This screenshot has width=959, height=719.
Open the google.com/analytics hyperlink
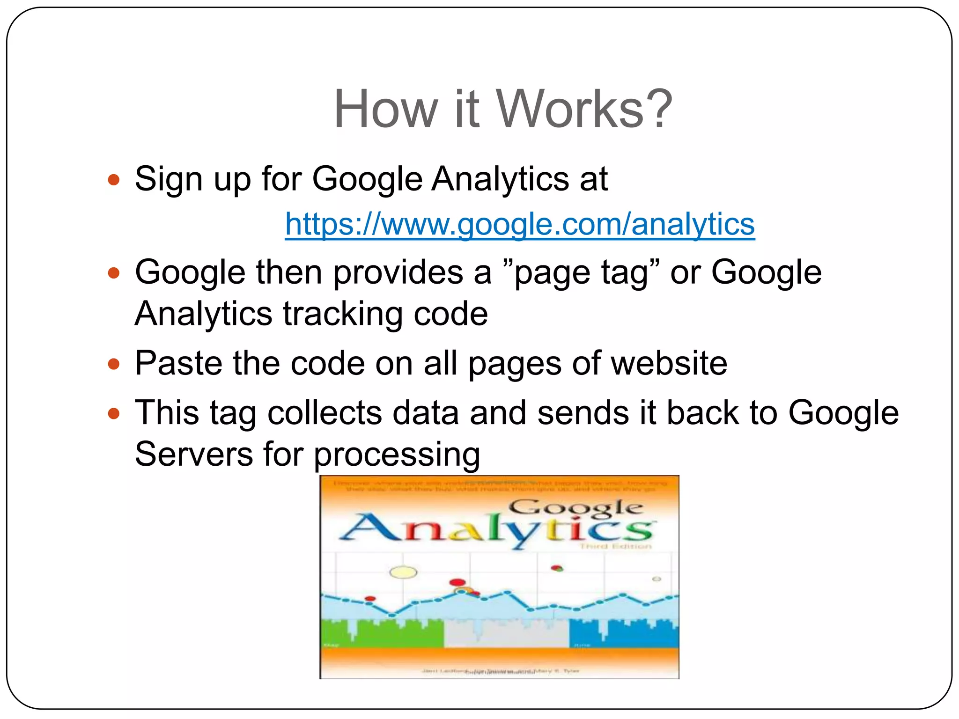520,224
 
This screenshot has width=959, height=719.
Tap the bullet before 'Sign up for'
114,180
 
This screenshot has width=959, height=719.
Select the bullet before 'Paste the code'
114,364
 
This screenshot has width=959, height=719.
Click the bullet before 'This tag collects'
114,413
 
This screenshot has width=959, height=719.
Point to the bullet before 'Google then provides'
114,273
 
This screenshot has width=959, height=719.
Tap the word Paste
178,364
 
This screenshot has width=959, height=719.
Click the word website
669,364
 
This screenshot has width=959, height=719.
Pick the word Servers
194,454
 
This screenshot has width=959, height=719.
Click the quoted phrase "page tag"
581,273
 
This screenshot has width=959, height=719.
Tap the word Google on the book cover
575,508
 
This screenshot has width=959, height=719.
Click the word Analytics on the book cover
496,529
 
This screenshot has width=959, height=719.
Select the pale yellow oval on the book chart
403,572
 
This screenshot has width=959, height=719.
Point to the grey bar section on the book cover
506,634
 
